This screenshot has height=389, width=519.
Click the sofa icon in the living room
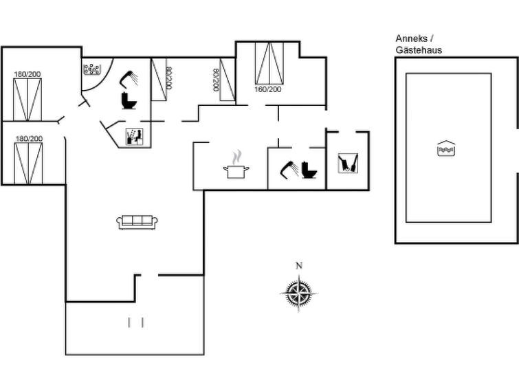(x=137, y=222)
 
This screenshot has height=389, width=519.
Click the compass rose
(x=299, y=293)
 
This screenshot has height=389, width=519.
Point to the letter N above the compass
(x=299, y=265)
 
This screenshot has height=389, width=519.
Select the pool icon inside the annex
(x=446, y=148)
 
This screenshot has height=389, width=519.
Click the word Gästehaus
(x=419, y=50)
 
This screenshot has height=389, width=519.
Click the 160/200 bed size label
(x=268, y=89)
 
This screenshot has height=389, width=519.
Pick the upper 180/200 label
(x=27, y=74)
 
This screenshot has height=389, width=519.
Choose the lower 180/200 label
(x=29, y=138)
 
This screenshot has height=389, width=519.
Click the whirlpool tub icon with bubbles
(x=92, y=69)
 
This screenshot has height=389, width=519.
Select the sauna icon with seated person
(x=135, y=137)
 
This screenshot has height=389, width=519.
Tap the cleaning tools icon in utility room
(x=348, y=163)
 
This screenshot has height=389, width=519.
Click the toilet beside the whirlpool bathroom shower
(x=129, y=100)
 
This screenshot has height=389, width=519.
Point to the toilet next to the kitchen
(x=309, y=170)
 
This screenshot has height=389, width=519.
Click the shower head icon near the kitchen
(x=288, y=170)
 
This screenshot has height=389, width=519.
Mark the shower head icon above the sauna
(x=129, y=80)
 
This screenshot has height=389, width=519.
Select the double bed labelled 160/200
(x=269, y=63)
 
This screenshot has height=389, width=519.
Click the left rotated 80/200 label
(x=169, y=78)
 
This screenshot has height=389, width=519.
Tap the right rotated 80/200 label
(x=216, y=80)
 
